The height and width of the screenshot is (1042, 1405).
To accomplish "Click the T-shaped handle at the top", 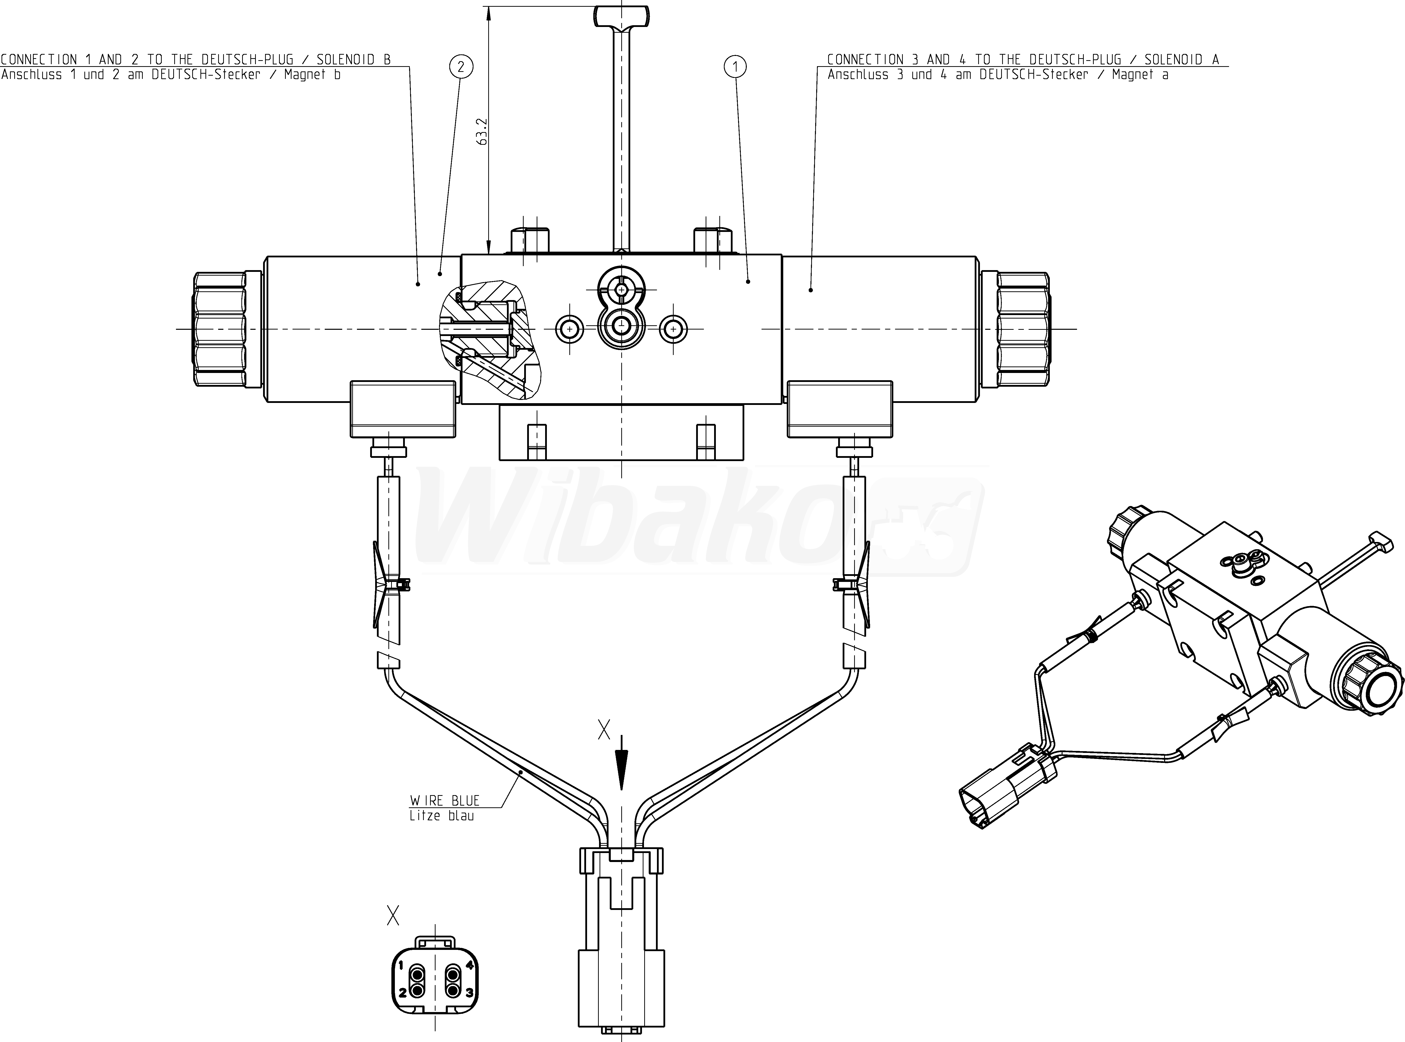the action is pyautogui.click(x=622, y=126).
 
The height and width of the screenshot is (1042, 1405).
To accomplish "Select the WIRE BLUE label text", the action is pyautogui.click(x=445, y=800).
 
